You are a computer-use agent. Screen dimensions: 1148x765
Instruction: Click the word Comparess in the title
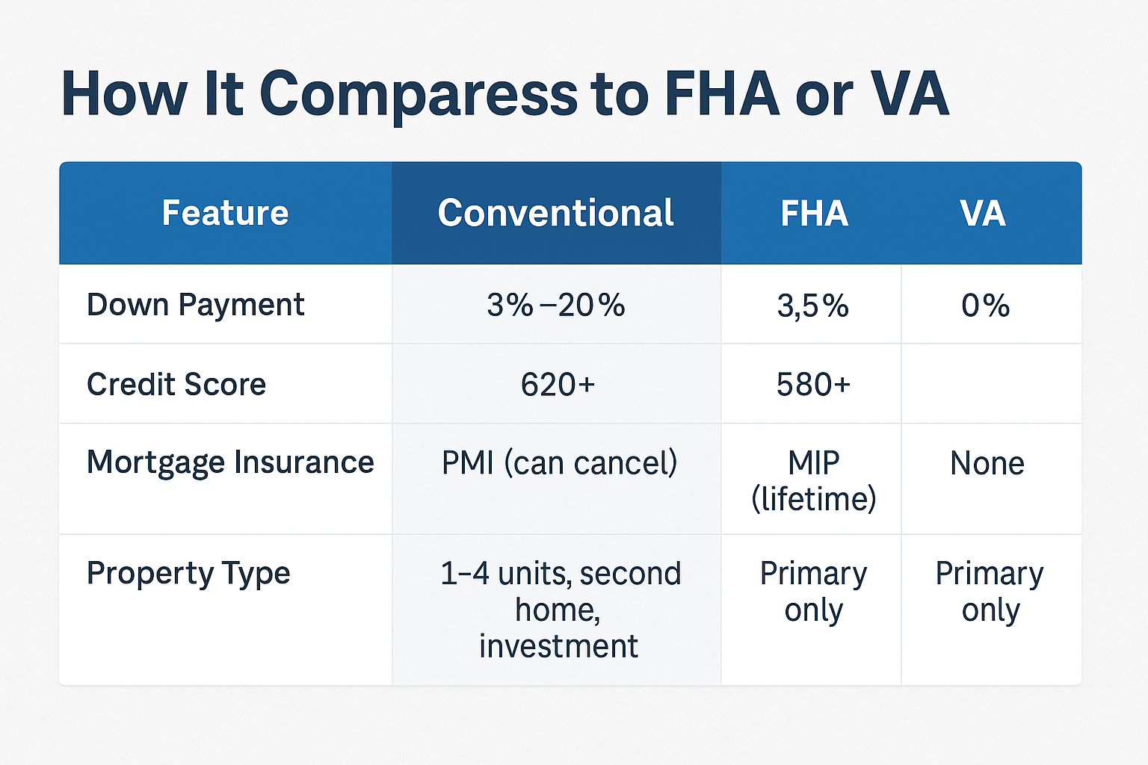[x=419, y=96]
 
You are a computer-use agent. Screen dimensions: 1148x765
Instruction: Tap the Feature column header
[x=225, y=213]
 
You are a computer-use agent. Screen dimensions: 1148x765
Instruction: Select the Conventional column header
[x=555, y=213]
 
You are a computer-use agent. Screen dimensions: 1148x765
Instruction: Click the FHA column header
[x=815, y=213]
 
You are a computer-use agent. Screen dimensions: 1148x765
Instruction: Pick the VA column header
[x=983, y=213]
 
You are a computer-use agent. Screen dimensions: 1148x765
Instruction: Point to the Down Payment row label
[x=196, y=306]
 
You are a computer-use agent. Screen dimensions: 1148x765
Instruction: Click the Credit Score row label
[x=176, y=384]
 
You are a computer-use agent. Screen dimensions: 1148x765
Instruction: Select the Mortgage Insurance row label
[x=230, y=463]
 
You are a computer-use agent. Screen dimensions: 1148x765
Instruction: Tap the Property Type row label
[x=188, y=574]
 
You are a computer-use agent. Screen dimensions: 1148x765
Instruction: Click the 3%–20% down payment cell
[x=556, y=306]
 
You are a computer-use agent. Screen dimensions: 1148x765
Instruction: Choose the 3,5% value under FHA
[x=813, y=306]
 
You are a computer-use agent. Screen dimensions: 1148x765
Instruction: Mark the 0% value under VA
[x=986, y=306]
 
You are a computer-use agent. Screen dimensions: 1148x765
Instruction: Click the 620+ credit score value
[x=558, y=385]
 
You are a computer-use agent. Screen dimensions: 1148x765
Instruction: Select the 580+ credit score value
[x=813, y=385]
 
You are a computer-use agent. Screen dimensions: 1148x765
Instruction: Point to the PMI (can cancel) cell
[x=559, y=463]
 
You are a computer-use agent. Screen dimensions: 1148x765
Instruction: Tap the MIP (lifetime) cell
[x=814, y=480]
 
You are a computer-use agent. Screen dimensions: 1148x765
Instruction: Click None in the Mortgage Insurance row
[x=987, y=463]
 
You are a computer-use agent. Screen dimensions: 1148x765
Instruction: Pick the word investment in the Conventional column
[x=558, y=646]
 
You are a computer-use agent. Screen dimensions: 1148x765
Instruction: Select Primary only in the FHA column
[x=813, y=592]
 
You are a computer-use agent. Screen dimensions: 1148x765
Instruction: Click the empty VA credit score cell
[x=991, y=384]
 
